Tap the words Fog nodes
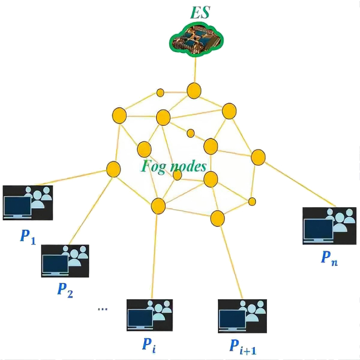point(173,165)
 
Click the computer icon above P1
point(28,203)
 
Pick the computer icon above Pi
point(150,315)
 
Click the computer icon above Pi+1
point(242,315)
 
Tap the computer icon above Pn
point(329,226)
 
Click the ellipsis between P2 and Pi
point(102,310)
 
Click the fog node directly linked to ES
point(194,90)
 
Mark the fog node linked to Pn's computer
point(258,158)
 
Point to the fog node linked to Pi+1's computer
point(217,218)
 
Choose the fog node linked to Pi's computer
point(158,205)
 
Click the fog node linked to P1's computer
point(113,169)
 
